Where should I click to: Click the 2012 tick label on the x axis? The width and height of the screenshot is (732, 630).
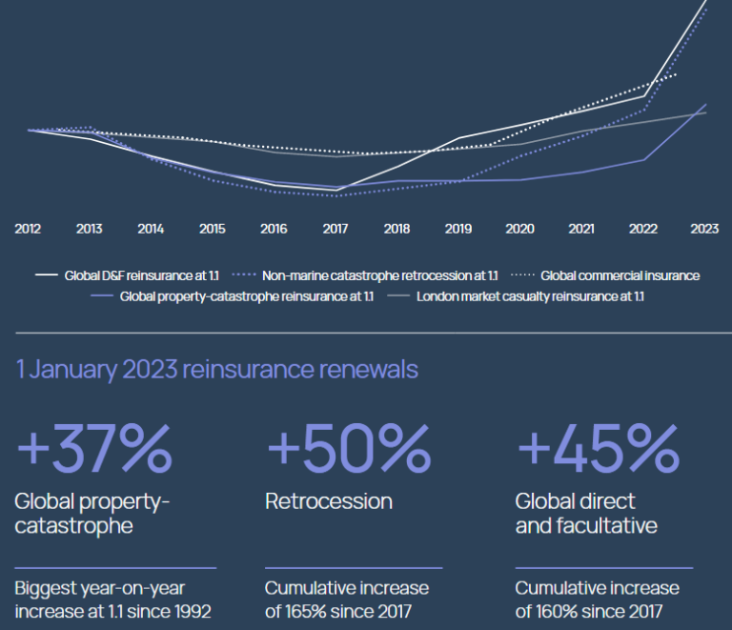[x=28, y=229]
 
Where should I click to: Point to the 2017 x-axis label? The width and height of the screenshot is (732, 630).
[x=335, y=229]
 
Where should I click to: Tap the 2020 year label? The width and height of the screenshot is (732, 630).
[x=519, y=229]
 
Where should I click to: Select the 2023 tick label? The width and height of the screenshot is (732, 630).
[x=704, y=229]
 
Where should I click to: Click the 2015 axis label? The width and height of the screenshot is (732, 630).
[x=212, y=229]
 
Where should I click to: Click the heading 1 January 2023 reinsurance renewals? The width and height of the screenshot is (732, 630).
[x=217, y=369]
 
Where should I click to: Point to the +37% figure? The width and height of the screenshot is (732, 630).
[x=94, y=444]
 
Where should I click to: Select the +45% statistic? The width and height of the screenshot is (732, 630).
[x=597, y=444]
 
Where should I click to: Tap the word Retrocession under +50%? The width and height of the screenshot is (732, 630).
[x=329, y=500]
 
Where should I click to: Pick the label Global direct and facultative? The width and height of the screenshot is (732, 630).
[x=586, y=513]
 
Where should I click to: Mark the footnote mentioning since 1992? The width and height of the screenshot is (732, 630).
[x=113, y=599]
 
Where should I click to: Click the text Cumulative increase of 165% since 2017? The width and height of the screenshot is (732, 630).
[x=347, y=599]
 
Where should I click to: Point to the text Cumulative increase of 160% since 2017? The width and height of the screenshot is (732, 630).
[x=597, y=599]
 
